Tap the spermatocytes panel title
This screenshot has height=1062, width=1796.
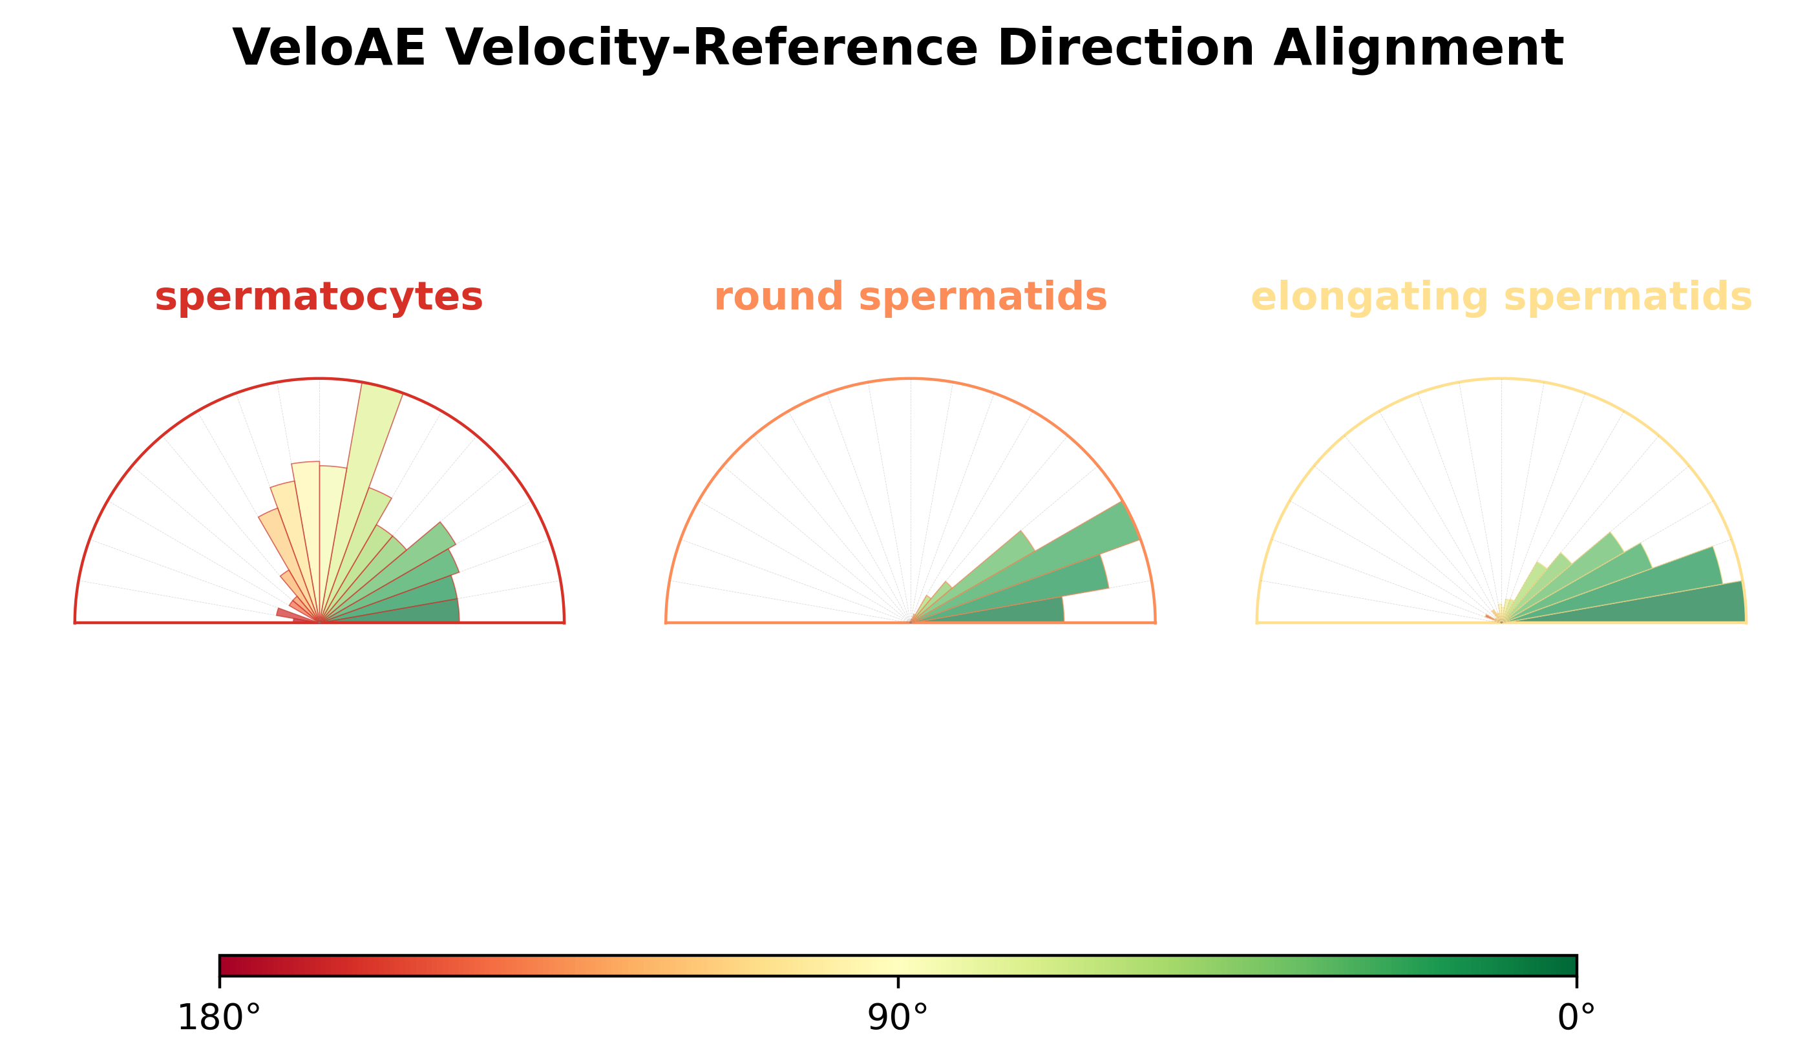(319, 298)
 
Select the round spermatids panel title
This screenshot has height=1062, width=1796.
(911, 298)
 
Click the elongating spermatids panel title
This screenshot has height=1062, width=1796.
(1501, 298)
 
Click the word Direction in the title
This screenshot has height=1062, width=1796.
(1126, 48)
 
